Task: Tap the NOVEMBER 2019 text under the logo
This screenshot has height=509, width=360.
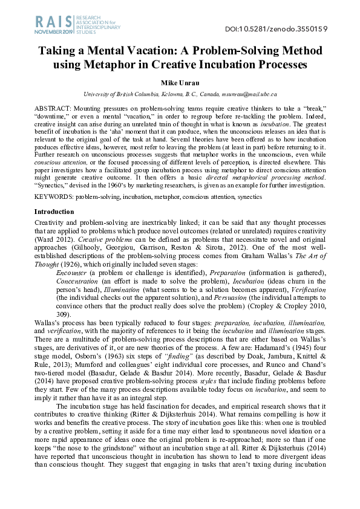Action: [x=51, y=31]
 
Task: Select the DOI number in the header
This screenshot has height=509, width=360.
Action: [x=293, y=28]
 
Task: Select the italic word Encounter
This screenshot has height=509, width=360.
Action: [x=70, y=274]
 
